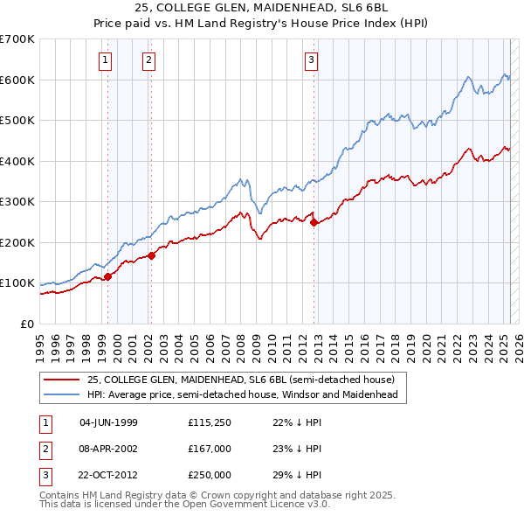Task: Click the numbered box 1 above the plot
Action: (x=105, y=60)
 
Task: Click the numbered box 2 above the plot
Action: (x=148, y=60)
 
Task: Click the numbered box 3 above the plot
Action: (x=312, y=60)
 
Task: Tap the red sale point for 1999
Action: (x=108, y=277)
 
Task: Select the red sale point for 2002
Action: (x=151, y=256)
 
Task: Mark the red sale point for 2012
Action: (x=314, y=222)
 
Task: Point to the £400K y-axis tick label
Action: (x=17, y=161)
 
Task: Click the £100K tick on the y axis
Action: (x=17, y=283)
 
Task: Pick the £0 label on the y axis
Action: (x=26, y=324)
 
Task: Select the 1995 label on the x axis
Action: (x=39, y=340)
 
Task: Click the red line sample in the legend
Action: (x=62, y=380)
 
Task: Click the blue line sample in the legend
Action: (x=62, y=394)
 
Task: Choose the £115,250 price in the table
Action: (x=209, y=422)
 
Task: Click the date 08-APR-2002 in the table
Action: (x=109, y=450)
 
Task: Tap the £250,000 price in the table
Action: (x=209, y=476)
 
